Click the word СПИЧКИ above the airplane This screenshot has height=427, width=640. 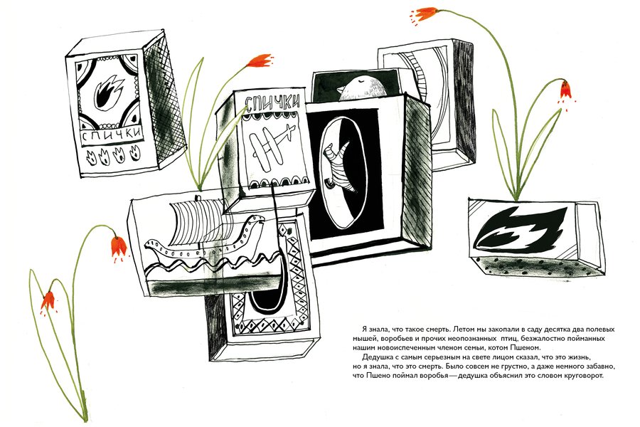click(272, 101)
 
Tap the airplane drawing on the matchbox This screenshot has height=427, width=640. click(272, 144)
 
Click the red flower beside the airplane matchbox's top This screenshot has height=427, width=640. click(260, 60)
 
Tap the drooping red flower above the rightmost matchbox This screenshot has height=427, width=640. click(565, 91)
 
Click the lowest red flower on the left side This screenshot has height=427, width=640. click(48, 302)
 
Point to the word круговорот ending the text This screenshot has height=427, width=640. click(581, 376)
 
